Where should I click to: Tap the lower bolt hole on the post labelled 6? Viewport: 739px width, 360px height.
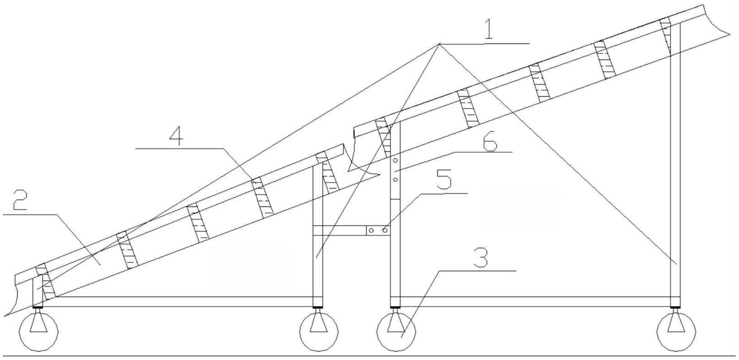point(395,179)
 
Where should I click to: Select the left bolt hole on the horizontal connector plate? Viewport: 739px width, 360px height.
point(372,231)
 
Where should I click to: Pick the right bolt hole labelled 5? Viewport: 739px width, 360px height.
point(384,231)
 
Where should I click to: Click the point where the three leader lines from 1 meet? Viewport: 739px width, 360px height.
point(439,44)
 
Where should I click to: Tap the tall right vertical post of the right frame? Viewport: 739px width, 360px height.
point(676,164)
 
